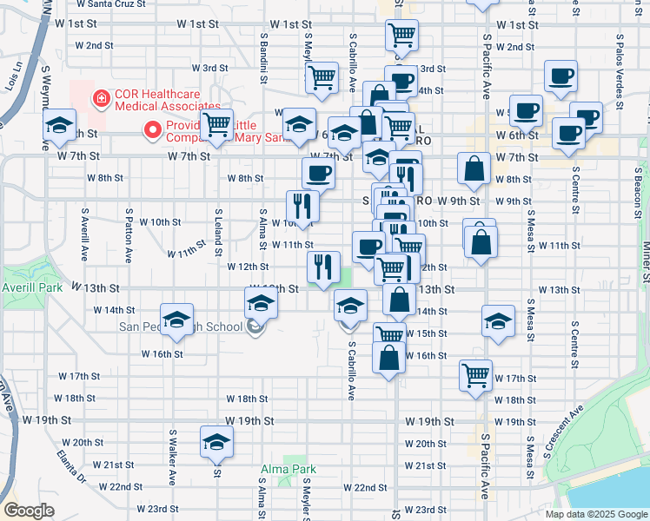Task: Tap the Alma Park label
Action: click(x=288, y=469)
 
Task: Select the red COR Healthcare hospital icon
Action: click(x=103, y=99)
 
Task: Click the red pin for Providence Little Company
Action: click(x=153, y=131)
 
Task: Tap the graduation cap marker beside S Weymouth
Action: click(x=59, y=127)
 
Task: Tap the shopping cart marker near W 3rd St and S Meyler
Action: click(x=322, y=77)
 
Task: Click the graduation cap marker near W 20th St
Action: click(x=216, y=443)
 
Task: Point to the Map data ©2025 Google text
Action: click(x=596, y=514)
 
